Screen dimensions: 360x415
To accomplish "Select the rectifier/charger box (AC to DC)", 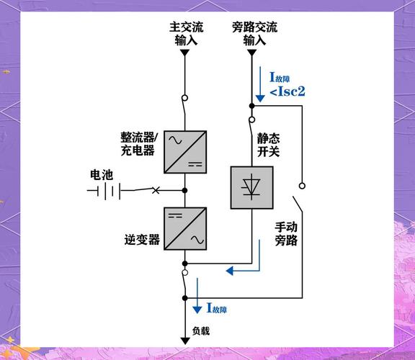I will [184, 151].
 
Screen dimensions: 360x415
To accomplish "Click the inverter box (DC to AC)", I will [184, 229].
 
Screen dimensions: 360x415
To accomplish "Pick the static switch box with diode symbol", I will [251, 187].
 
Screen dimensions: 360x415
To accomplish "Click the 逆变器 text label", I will [142, 240].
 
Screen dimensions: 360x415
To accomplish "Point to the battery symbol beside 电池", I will [104, 191].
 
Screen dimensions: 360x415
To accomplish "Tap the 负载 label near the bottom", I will [201, 331].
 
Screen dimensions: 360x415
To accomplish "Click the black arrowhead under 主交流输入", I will [185, 53].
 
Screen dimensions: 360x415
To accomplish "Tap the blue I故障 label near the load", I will [217, 309].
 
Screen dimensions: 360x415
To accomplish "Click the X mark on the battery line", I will [156, 191].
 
